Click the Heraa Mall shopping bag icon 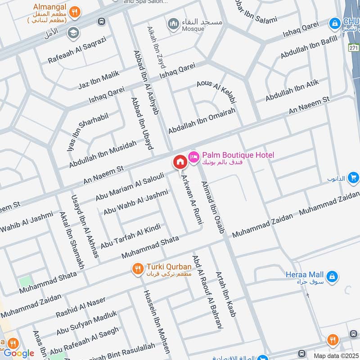pyautogui.click(x=332, y=275)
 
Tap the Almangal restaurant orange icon pyautogui.click(x=77, y=12)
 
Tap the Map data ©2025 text pyautogui.click(x=335, y=355)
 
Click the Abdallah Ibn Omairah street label pyautogui.click(x=202, y=120)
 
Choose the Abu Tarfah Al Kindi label pyautogui.click(x=130, y=236)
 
